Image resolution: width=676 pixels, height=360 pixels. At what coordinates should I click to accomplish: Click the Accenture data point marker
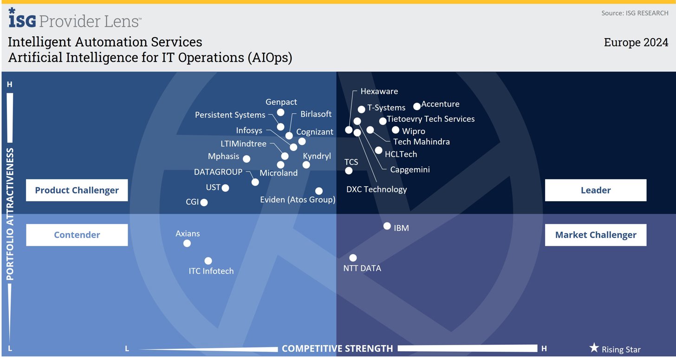coord(417,106)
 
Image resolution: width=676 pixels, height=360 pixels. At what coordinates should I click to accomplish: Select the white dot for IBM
coord(387,226)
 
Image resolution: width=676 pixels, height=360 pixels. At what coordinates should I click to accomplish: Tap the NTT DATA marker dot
coord(353,258)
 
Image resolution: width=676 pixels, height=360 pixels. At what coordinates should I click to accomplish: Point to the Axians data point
coord(187,243)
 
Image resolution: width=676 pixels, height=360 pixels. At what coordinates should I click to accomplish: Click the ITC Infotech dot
coord(208,261)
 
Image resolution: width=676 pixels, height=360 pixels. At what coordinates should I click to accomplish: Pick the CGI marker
coord(204,203)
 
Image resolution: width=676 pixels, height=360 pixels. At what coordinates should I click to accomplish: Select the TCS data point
coord(349,171)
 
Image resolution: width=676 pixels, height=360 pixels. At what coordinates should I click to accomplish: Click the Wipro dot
coord(396,130)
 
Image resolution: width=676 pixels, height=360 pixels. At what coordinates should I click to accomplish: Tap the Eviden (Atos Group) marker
coord(319,191)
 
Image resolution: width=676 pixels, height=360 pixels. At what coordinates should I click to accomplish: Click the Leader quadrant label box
coord(595,190)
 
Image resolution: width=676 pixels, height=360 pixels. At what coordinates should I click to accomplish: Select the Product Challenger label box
coord(77,190)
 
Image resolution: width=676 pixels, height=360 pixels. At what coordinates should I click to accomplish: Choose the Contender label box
coord(77,235)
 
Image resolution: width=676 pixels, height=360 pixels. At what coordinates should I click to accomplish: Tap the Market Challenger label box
coord(595,235)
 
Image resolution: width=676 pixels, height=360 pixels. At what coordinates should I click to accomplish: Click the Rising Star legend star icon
coord(594,348)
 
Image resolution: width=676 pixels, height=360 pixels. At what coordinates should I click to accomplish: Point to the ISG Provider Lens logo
coord(75,20)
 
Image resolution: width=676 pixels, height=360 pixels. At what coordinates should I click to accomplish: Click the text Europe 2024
coord(636,42)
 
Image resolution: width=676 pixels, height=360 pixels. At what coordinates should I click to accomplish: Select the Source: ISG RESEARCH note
coord(635,13)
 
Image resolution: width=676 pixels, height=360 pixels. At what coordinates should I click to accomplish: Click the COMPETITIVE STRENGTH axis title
coord(337,348)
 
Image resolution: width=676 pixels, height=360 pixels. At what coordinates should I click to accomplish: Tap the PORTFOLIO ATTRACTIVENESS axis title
coord(10,214)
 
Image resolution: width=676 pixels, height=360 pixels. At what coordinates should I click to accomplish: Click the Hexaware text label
coord(379,92)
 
